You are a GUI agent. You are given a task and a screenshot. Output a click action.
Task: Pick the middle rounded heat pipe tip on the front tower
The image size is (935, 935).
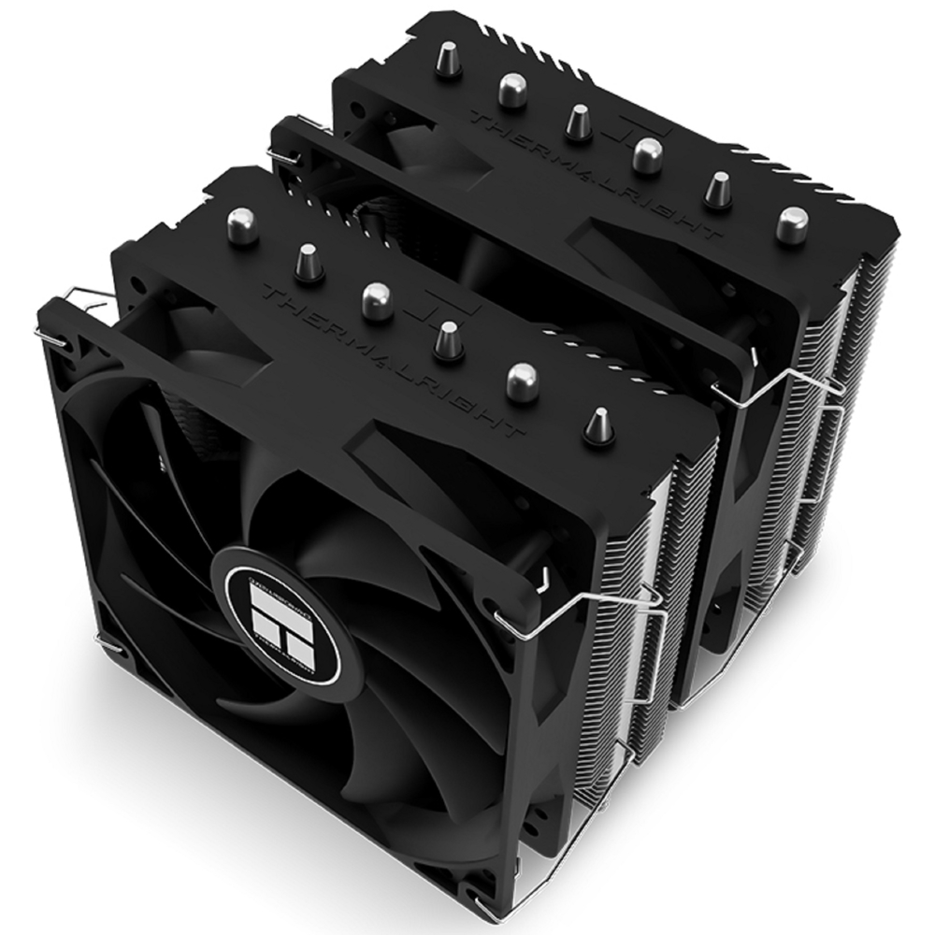pos(376,298)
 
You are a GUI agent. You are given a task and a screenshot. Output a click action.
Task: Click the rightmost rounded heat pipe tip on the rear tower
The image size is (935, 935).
pos(794,223)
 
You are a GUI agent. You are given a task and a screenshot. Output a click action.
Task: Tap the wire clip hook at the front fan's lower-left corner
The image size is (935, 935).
pos(110,648)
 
